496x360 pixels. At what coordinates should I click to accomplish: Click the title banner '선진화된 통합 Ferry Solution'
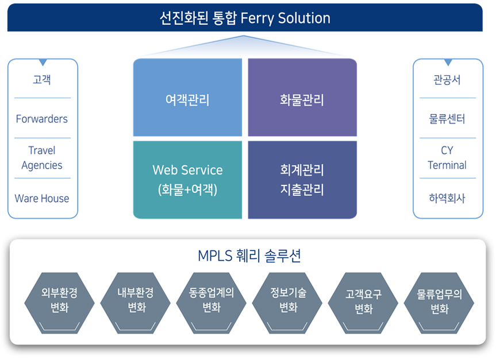[x=245, y=18]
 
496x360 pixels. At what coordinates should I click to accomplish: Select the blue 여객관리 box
[x=187, y=98]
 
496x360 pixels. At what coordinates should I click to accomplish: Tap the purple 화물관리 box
[x=302, y=98]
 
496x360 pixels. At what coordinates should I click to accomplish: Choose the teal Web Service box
[x=187, y=180]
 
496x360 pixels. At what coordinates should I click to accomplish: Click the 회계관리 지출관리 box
[x=302, y=180]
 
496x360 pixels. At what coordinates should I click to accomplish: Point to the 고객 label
[x=42, y=79]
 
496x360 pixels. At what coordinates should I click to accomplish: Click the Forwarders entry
[x=42, y=119]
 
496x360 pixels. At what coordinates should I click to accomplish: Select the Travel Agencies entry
[x=42, y=158]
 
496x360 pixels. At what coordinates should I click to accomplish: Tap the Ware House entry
[x=42, y=199]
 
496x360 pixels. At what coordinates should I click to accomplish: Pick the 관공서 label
[x=447, y=79]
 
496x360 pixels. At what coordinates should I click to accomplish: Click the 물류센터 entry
[x=447, y=119]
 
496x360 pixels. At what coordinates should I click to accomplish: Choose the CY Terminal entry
[x=447, y=158]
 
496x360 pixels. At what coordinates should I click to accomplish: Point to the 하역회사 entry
[x=447, y=198]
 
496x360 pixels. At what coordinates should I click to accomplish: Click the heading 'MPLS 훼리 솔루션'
[x=249, y=256]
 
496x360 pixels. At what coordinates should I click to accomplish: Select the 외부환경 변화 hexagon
[x=59, y=303]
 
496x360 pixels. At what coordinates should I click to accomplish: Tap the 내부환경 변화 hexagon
[x=136, y=303]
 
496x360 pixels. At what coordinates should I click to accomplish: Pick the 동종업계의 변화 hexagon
[x=212, y=303]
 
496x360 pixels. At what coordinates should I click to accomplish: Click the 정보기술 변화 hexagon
[x=287, y=303]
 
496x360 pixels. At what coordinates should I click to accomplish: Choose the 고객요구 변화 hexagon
[x=363, y=303]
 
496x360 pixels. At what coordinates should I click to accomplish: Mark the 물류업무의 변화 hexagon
[x=439, y=303]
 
